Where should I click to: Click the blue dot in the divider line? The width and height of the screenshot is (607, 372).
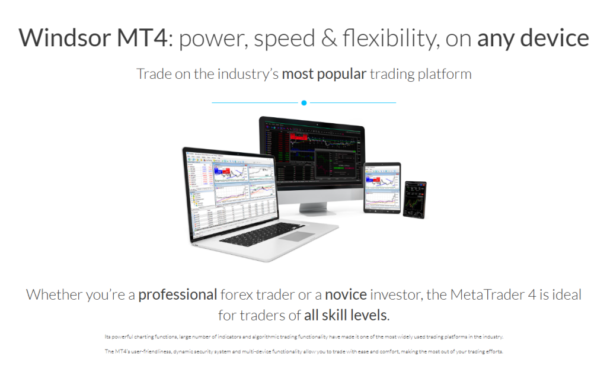pyautogui.click(x=304, y=103)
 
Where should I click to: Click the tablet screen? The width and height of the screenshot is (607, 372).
pyautogui.click(x=382, y=187)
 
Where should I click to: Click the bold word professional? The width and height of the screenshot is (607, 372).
pyautogui.click(x=177, y=294)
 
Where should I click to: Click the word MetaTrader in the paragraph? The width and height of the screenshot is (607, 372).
pyautogui.click(x=480, y=294)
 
